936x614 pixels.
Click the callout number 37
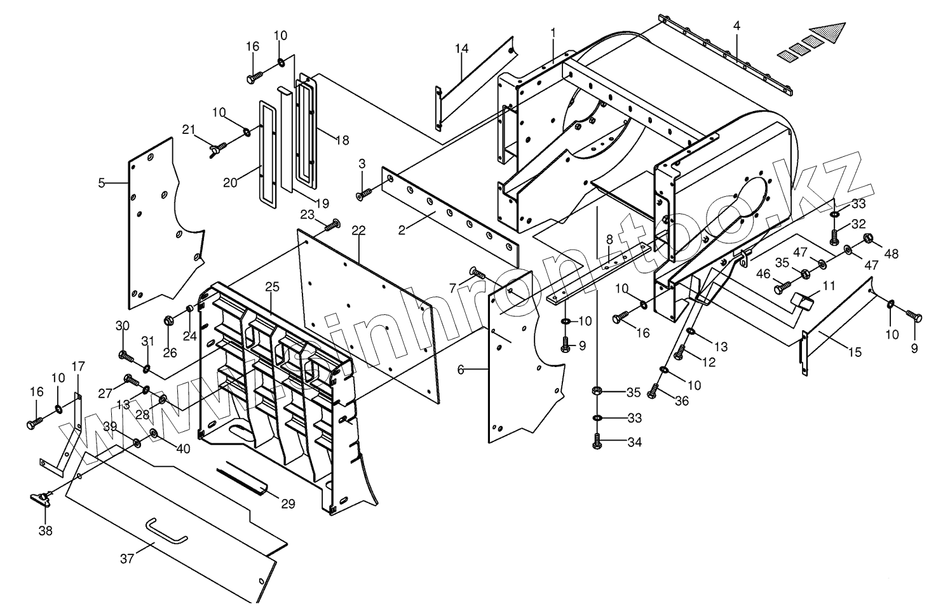pos(126,558)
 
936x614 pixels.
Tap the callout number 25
pos(272,286)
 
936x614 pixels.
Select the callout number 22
pos(358,230)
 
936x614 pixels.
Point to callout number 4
pos(736,26)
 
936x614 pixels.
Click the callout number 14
pos(102,184)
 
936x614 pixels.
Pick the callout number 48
pos(892,254)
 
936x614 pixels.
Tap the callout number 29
pos(288,504)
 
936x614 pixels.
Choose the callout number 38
pos(46,530)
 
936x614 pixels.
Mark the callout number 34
pos(634,442)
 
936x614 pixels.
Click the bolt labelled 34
pos(597,442)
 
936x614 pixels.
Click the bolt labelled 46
pos(780,290)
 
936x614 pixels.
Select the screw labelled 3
pos(364,194)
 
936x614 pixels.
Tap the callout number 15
pos(855,352)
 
